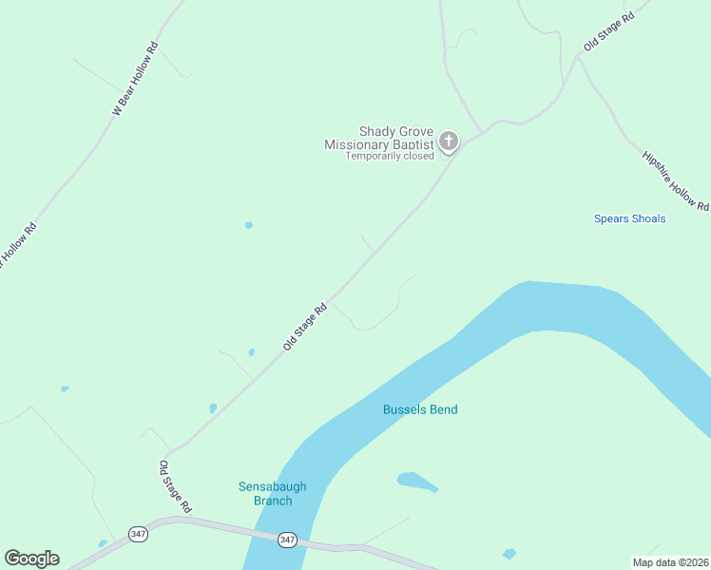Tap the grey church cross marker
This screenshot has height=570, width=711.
(x=449, y=142)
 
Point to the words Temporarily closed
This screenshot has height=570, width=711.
(x=390, y=156)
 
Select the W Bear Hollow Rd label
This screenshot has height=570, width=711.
(x=134, y=79)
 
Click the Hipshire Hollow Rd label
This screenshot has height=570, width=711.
(x=675, y=180)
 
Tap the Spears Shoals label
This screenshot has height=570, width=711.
(x=629, y=218)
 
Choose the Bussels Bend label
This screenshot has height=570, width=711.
(x=420, y=409)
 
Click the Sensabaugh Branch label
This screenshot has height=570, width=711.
(x=272, y=494)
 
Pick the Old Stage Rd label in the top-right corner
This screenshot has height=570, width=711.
(x=608, y=32)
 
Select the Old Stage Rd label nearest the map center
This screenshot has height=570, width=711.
(x=305, y=327)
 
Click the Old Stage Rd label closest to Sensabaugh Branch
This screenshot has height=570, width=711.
(x=176, y=487)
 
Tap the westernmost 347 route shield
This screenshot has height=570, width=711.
(x=139, y=534)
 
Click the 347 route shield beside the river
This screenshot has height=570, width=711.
(x=288, y=540)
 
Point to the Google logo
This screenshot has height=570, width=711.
(x=31, y=559)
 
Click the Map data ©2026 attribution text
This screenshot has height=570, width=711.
(x=669, y=562)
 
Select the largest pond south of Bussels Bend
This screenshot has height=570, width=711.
(x=416, y=482)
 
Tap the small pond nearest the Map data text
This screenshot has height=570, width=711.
(x=509, y=554)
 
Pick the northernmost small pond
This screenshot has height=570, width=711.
(x=249, y=225)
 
